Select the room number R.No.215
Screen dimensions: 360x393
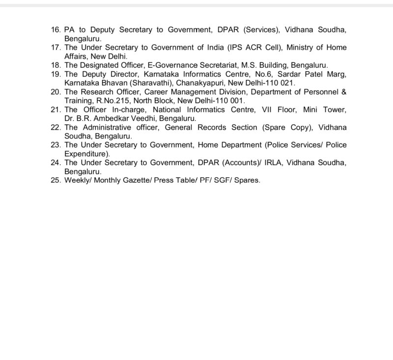[x=112, y=100]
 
